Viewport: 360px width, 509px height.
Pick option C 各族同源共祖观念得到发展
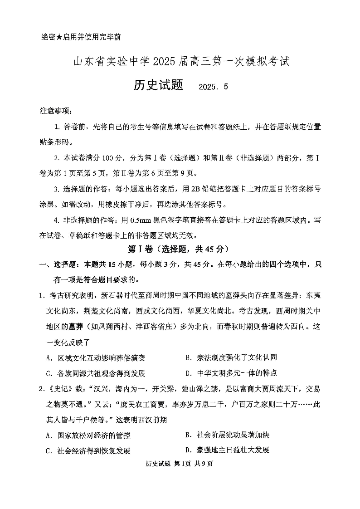[x=95, y=373]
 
